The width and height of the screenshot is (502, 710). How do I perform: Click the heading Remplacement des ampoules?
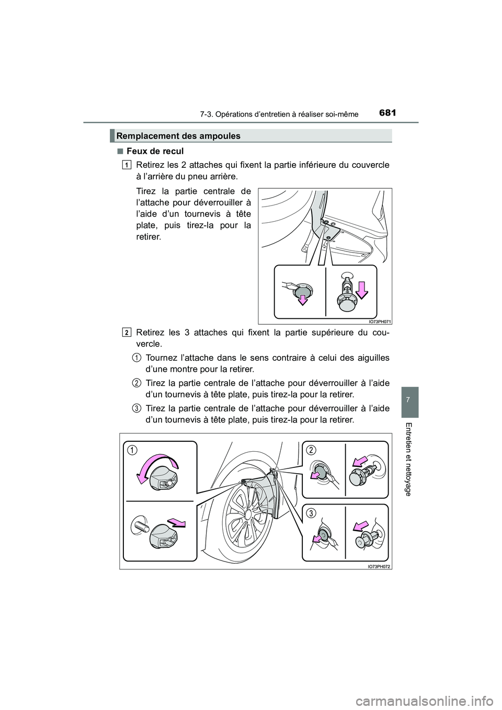[178, 136]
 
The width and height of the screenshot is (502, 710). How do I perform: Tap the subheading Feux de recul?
[154, 151]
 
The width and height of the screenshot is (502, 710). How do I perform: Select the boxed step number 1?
[128, 165]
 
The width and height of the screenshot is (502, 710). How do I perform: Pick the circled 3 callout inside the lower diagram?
[311, 513]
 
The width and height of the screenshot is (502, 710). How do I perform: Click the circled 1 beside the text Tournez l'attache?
[135, 358]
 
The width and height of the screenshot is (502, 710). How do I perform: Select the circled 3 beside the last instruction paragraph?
[135, 407]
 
